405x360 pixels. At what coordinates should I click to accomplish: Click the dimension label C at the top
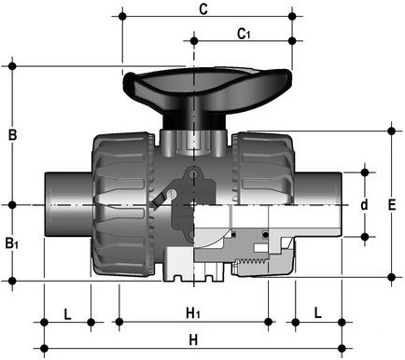(x=204, y=10)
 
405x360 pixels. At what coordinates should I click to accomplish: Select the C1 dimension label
(x=244, y=35)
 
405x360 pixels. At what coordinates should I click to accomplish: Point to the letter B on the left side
(x=12, y=134)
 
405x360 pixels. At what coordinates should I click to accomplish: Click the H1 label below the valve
(x=193, y=312)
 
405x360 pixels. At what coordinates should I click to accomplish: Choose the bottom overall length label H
(x=193, y=339)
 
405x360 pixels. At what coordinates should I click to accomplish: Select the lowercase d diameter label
(x=365, y=204)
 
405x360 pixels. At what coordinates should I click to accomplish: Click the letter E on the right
(x=392, y=203)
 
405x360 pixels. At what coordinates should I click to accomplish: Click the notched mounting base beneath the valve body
(x=193, y=271)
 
